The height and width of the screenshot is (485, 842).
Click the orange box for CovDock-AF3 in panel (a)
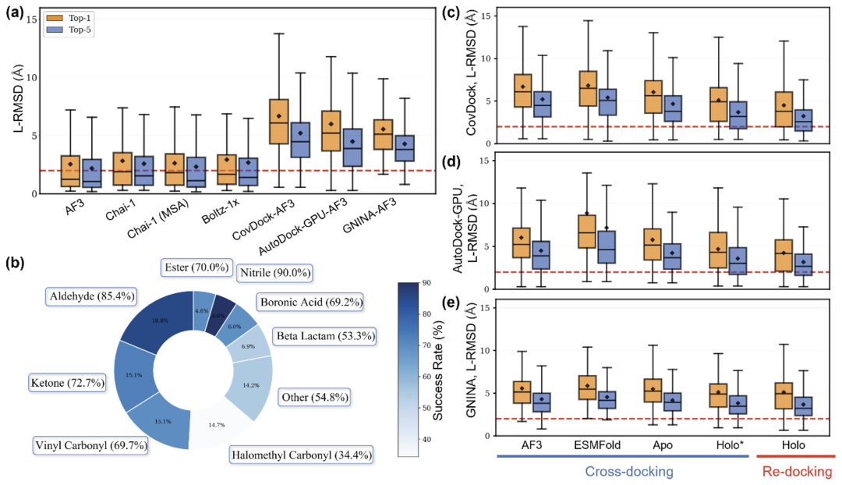pos(278,122)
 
